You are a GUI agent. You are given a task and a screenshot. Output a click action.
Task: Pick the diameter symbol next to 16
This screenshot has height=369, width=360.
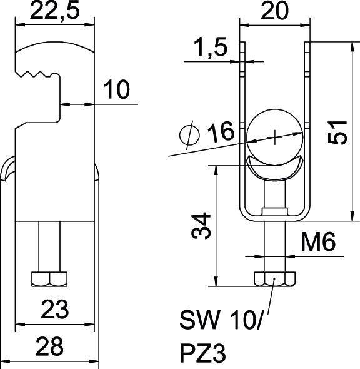(188, 134)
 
